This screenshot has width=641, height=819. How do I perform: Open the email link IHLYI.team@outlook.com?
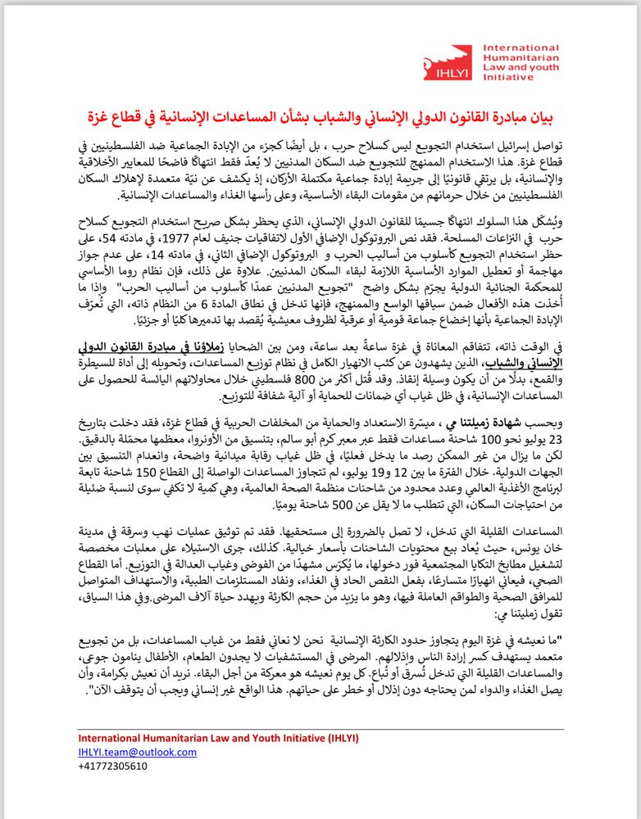point(137,752)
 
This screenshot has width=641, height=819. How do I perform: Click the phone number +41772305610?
point(112,766)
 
